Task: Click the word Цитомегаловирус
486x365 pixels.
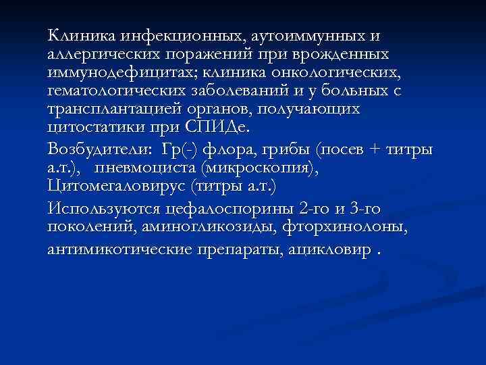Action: [x=116, y=186]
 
